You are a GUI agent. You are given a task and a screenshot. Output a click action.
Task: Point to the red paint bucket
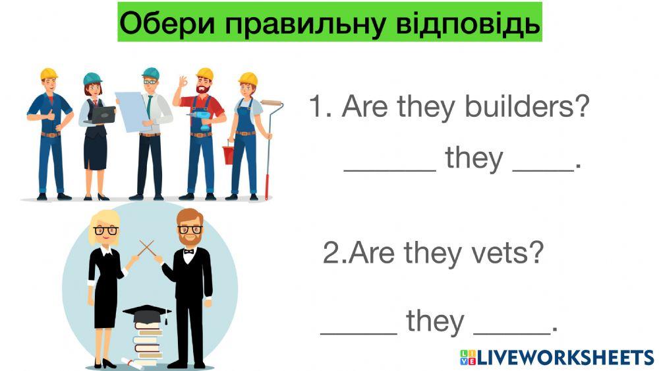(x=229, y=154)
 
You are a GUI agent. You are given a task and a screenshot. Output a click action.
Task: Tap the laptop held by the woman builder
(x=101, y=114)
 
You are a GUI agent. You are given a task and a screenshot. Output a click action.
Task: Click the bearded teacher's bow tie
(x=189, y=251)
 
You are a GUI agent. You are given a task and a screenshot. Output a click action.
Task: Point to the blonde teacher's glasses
(x=106, y=230)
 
